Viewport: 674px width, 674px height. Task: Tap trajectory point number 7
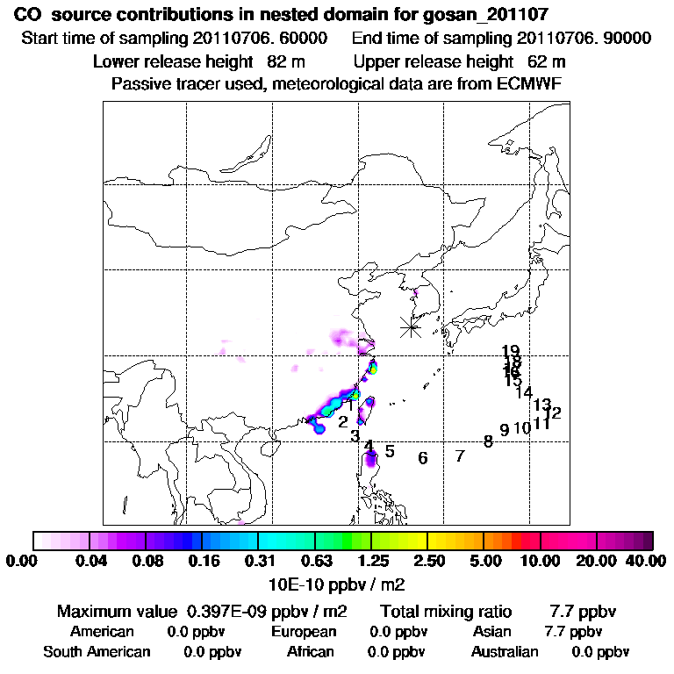coord(459,456)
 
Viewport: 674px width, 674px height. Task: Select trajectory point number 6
coord(423,458)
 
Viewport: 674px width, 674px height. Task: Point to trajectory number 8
coord(488,441)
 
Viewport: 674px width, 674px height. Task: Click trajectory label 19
coord(511,352)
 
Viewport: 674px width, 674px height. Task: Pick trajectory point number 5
coord(390,452)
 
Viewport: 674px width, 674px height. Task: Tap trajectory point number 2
coord(342,422)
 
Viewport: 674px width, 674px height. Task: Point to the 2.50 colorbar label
coord(427,561)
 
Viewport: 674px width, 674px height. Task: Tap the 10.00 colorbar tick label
coord(541,561)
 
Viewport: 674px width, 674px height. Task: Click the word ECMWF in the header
coord(530,83)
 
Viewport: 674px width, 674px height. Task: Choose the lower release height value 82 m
coord(284,62)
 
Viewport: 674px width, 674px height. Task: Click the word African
coord(310,652)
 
